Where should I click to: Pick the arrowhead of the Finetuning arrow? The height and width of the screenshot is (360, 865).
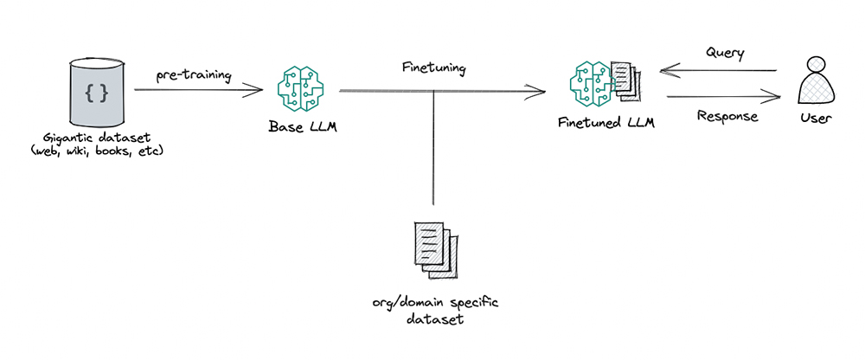[x=541, y=91]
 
